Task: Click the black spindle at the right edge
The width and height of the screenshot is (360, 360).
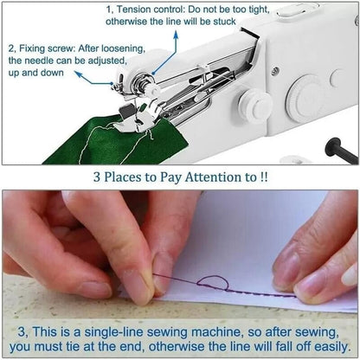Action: [x=342, y=146]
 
